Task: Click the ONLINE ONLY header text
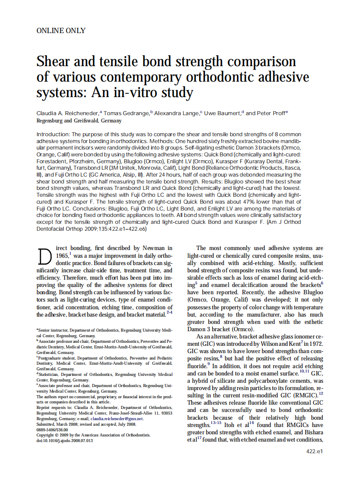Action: coord(61,31)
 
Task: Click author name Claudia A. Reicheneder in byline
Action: coord(67,113)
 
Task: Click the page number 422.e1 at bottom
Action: coord(314,451)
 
